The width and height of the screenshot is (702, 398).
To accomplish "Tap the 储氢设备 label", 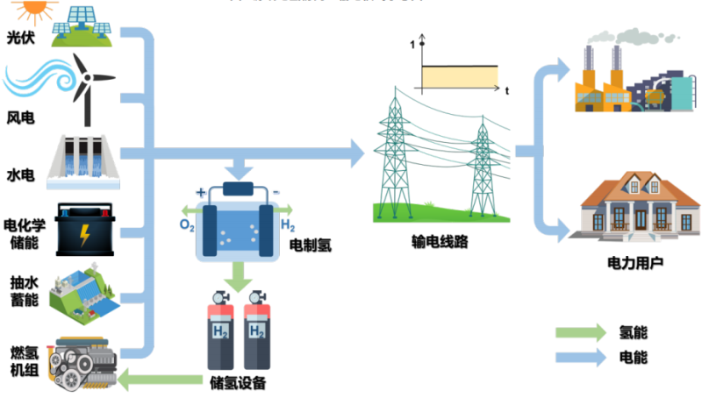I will point(237,383).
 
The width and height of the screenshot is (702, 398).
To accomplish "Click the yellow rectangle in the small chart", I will point(459,78).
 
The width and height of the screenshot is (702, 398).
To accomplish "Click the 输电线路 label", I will point(440,242).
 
